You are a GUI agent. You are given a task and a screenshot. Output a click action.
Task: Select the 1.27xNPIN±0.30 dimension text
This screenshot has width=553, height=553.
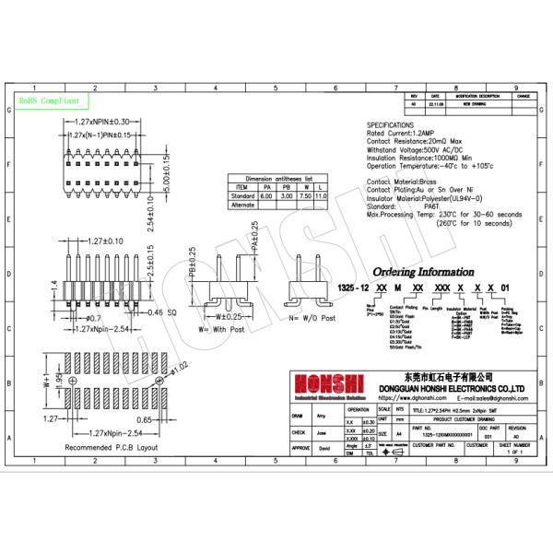pos(106,122)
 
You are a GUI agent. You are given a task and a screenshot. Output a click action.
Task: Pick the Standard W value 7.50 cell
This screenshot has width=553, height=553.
pos(304,196)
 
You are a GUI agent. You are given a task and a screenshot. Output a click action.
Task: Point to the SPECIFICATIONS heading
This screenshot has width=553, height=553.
pos(398,124)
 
